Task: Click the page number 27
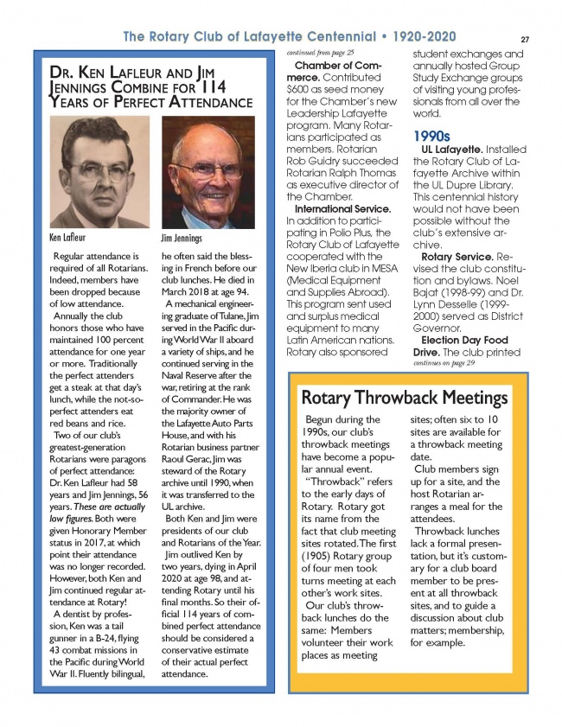point(525,39)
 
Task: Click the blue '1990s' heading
point(432,137)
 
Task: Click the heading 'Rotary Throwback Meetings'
point(403,399)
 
